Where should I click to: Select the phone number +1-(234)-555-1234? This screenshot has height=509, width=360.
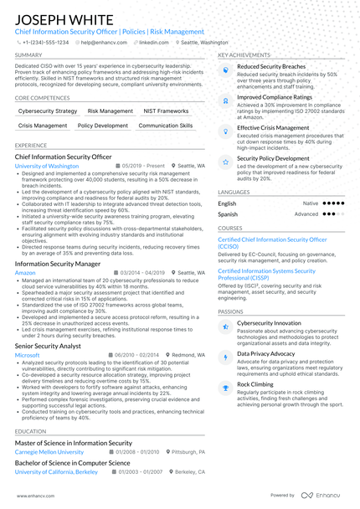click(x=45, y=41)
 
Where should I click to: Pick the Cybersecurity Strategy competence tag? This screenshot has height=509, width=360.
click(x=48, y=111)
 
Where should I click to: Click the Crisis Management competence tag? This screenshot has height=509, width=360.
click(x=43, y=126)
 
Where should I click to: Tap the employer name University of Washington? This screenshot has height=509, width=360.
click(x=47, y=166)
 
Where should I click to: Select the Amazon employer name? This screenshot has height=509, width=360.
click(x=25, y=272)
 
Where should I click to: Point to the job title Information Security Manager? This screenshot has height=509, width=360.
click(x=58, y=263)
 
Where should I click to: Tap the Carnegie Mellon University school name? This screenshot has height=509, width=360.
click(x=49, y=451)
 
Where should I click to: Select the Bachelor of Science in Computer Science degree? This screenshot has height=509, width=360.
click(x=73, y=462)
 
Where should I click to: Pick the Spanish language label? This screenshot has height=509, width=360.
click(x=228, y=213)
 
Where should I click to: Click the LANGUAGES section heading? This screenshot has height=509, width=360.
click(x=234, y=192)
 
